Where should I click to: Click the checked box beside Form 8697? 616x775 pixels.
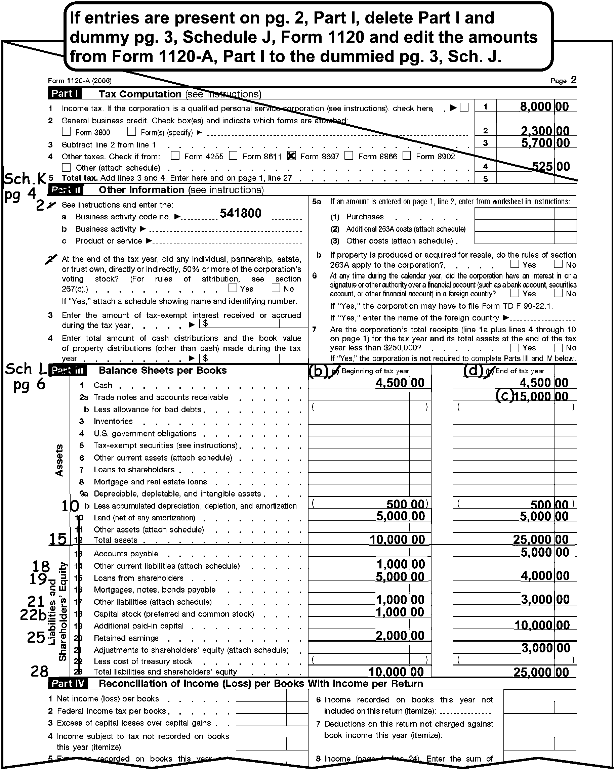pos(291,156)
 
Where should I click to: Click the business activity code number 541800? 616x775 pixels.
pos(241,213)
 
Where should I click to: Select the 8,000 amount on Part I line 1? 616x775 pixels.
pos(535,106)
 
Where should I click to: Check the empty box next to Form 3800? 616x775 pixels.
pos(67,132)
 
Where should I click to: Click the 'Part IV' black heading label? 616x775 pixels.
pos(68,683)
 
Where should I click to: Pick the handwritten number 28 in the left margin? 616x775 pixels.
pos(39,671)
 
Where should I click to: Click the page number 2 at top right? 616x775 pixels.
pos(573,80)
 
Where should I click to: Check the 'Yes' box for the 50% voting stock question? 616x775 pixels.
pos(233,288)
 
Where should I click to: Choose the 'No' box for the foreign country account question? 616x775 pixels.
pos(558,293)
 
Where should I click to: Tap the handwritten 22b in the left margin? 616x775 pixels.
pos(33,615)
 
